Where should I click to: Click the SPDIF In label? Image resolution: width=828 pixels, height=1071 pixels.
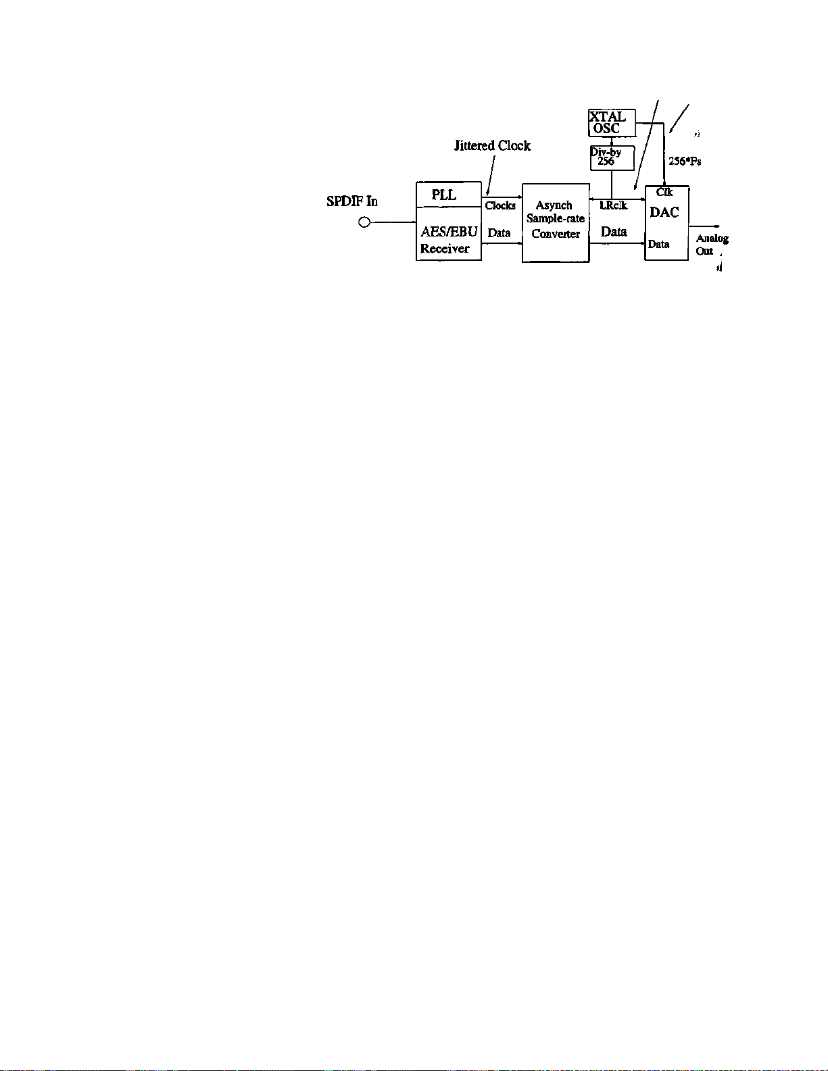[351, 201]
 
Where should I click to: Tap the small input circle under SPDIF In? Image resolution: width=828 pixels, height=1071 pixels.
[364, 222]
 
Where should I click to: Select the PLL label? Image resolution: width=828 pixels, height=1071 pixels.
[444, 195]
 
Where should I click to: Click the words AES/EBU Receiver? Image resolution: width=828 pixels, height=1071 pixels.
[448, 240]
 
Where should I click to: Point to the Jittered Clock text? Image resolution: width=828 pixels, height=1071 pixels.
[492, 146]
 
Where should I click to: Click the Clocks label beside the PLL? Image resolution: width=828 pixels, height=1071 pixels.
[500, 205]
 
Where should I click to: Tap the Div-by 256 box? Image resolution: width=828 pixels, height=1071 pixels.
[612, 158]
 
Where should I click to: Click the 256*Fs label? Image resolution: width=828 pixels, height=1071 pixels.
[685, 161]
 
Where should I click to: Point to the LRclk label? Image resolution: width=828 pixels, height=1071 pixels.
[613, 205]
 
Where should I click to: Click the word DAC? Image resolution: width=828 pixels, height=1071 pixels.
[664, 212]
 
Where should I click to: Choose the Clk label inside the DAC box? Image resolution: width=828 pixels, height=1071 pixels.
[664, 192]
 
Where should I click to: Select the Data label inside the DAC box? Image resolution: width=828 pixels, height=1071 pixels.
[658, 244]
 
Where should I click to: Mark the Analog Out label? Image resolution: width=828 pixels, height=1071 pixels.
[712, 245]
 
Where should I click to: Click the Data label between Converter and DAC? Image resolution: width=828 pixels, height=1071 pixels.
[614, 232]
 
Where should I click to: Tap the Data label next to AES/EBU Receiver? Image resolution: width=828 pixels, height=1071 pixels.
[499, 233]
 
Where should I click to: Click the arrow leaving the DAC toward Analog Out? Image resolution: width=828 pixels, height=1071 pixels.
[704, 227]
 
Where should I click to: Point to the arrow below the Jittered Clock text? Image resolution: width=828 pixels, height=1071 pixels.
[491, 176]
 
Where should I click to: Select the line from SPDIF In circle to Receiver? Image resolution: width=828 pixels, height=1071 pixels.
[393, 222]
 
